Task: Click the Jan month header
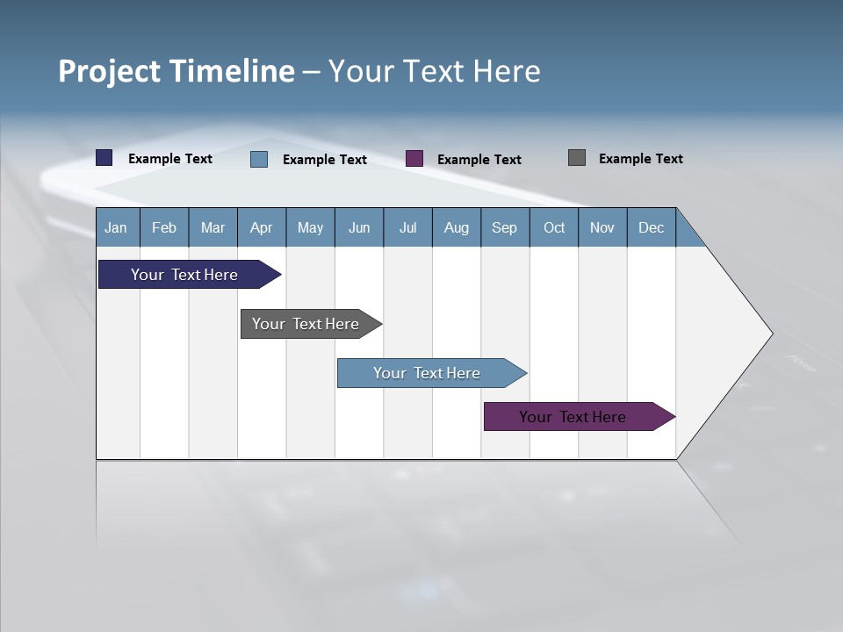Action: coord(116,227)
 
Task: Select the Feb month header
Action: coord(164,227)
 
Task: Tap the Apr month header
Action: coord(261,227)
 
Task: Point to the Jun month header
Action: coord(359,227)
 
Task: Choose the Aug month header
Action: coord(456,227)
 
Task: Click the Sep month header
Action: coord(504,227)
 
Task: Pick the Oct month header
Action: coord(554,227)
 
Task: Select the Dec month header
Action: coord(651,227)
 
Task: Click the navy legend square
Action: coord(104,158)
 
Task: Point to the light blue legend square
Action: coord(259,159)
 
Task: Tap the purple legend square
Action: coord(414,159)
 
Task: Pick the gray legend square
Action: coord(577,158)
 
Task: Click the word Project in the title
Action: coord(110,71)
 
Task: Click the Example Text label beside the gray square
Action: coord(640,159)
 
